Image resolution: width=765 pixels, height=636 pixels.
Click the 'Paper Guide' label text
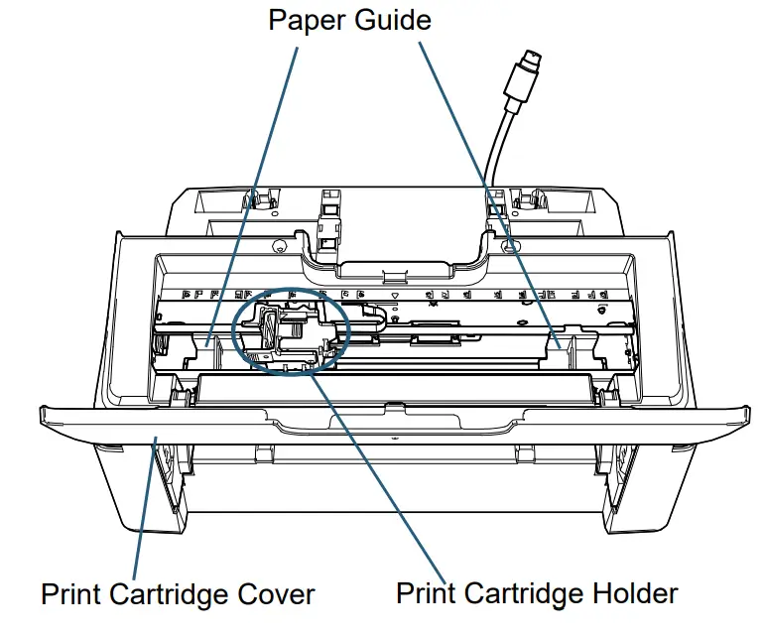[349, 20]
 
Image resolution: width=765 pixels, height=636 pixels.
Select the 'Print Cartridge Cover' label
[178, 594]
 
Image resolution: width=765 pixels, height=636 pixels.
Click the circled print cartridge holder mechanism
[288, 332]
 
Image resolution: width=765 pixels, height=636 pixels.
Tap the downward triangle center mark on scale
[396, 296]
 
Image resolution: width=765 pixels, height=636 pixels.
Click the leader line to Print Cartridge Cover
[146, 506]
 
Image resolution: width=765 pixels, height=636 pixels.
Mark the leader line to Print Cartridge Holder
[377, 466]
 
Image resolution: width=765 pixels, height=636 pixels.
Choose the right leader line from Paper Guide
[486, 189]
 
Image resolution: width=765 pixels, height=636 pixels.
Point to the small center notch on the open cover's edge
[395, 406]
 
